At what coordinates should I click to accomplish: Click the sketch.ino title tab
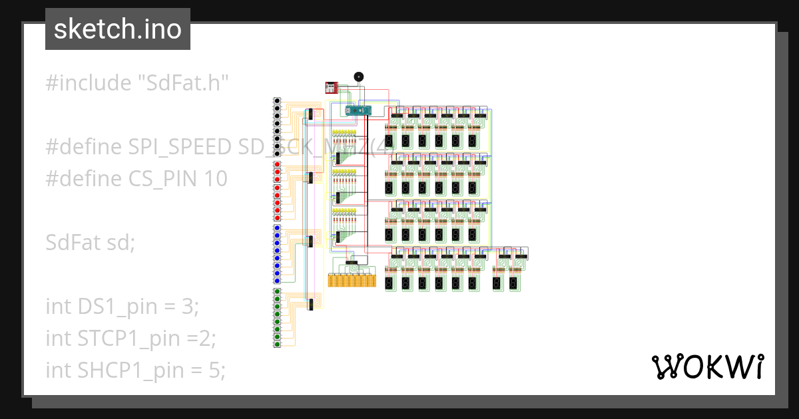coord(117,30)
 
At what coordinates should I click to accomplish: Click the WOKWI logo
coord(706,366)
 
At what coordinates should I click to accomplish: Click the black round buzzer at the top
coord(358,77)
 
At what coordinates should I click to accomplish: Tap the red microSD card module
coord(331,86)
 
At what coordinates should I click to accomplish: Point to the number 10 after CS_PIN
coord(213,179)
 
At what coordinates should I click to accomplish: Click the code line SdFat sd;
coord(90,242)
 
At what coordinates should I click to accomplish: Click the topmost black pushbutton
coord(278,101)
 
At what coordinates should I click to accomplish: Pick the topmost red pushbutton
coord(278,164)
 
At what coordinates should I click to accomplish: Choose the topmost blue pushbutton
coord(278,228)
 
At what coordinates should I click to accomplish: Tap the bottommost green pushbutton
coord(278,343)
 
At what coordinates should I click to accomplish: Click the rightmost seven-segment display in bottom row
coord(514,283)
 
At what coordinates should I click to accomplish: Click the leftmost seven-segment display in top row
coord(390,141)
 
